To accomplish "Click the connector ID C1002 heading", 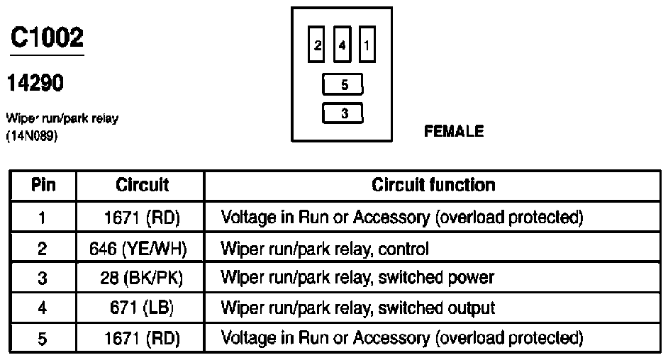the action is pyautogui.click(x=47, y=38).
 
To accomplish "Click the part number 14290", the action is pyautogui.click(x=35, y=82).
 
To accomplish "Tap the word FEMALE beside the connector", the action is pyautogui.click(x=454, y=131).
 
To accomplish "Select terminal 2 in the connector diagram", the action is pyautogui.click(x=316, y=45).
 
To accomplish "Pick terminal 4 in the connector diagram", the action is pyautogui.click(x=342, y=45).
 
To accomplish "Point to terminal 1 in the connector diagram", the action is pyautogui.click(x=367, y=45).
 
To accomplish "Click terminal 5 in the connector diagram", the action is pyautogui.click(x=343, y=84).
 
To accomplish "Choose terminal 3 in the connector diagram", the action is pyautogui.click(x=343, y=113).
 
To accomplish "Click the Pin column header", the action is pyautogui.click(x=43, y=185).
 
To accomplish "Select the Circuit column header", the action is pyautogui.click(x=142, y=185).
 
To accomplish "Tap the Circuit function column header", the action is pyautogui.click(x=433, y=185).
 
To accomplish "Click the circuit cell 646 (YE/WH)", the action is pyautogui.click(x=138, y=249).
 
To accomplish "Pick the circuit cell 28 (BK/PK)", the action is pyautogui.click(x=141, y=278).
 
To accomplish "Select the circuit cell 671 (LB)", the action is pyautogui.click(x=142, y=308).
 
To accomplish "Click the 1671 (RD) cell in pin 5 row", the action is pyautogui.click(x=143, y=338).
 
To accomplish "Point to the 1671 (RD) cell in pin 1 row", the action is pyautogui.click(x=143, y=218).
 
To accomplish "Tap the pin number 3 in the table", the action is pyautogui.click(x=42, y=279).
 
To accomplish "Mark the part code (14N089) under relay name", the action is pyautogui.click(x=32, y=136).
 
